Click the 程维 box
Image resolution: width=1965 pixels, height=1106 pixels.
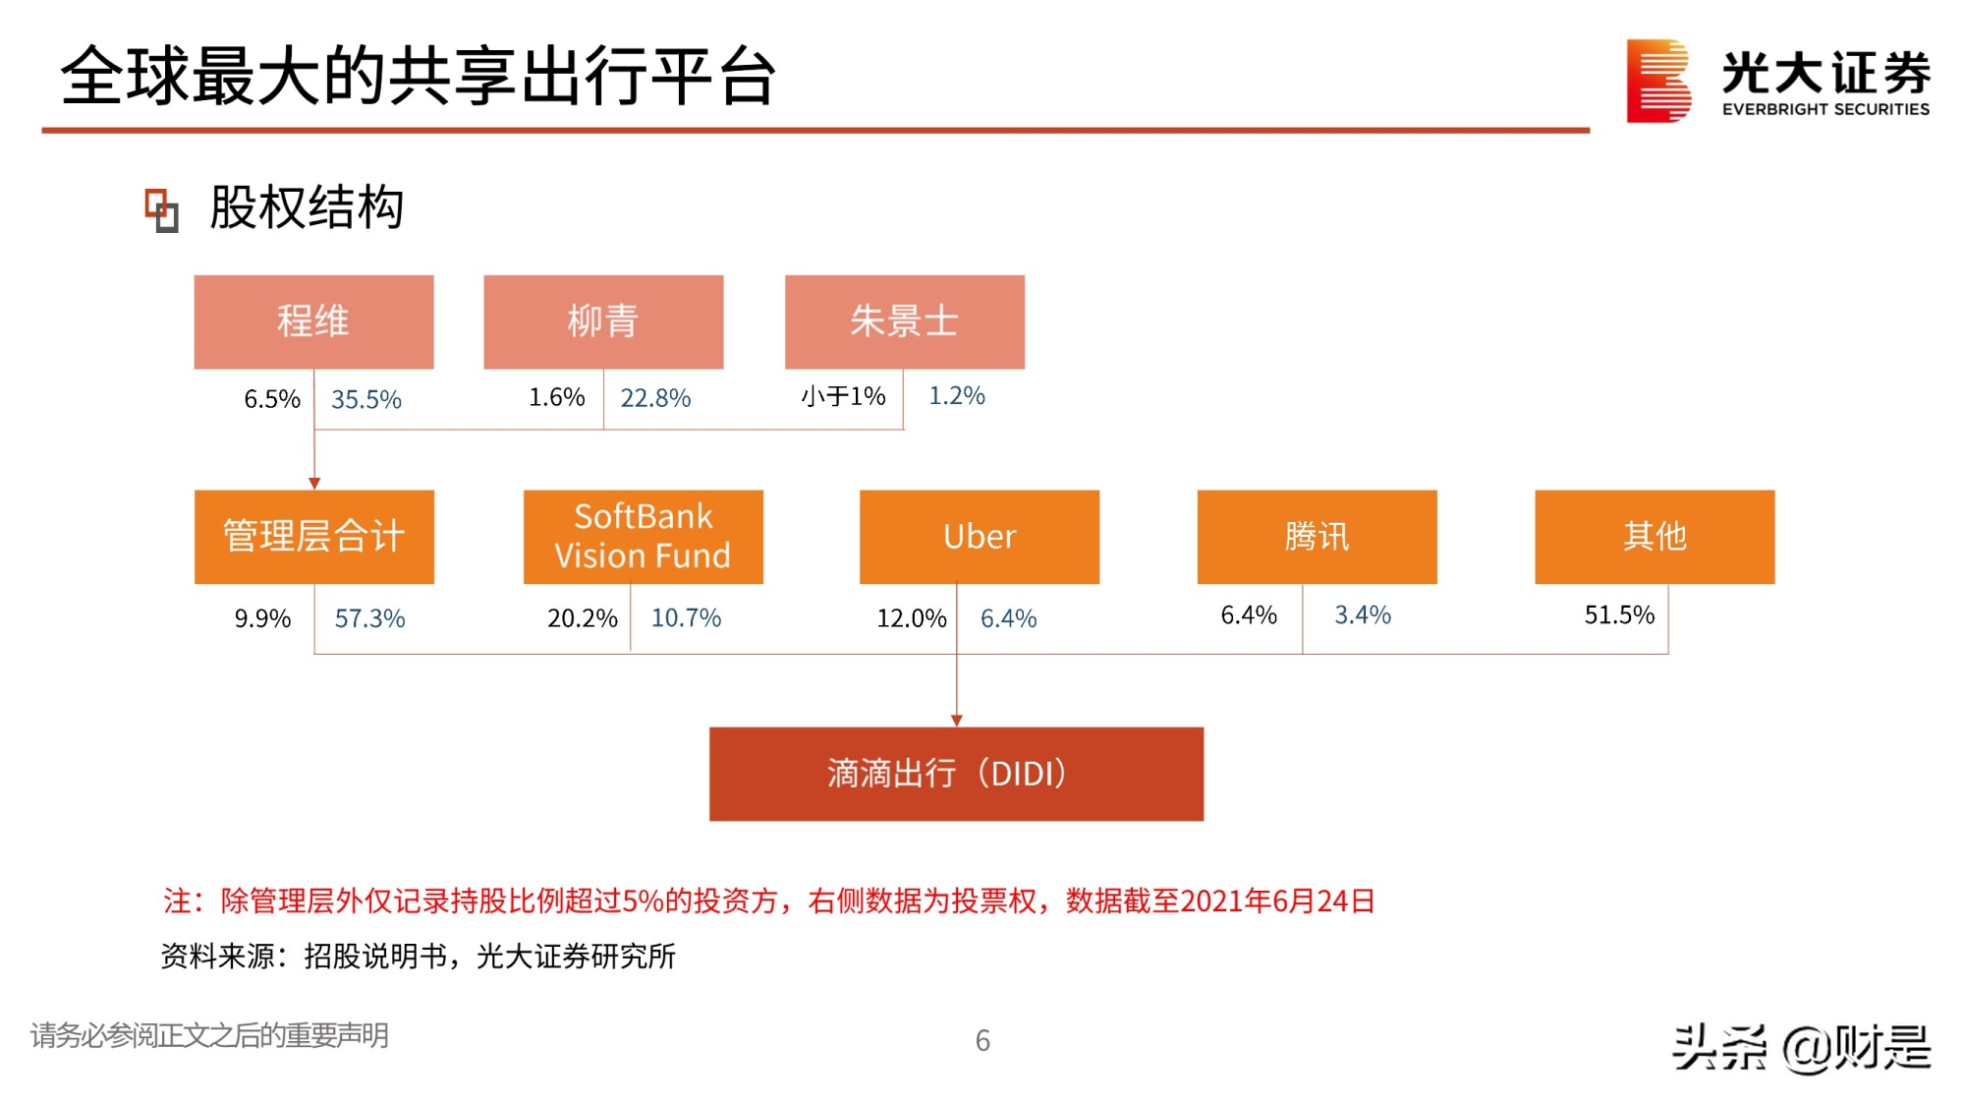[313, 321]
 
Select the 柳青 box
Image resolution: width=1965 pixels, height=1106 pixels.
[603, 321]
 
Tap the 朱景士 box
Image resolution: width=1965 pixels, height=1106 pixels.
[904, 321]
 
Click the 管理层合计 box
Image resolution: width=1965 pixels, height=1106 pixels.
[313, 537]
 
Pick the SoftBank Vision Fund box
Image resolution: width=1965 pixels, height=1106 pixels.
[643, 537]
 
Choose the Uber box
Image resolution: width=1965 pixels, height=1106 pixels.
[979, 537]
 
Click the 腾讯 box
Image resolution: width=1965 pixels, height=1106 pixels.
[1317, 537]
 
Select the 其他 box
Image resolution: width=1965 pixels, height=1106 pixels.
[1655, 537]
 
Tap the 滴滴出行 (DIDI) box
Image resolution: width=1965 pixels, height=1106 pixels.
[956, 774]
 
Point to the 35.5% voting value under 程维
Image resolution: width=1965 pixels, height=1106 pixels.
[366, 399]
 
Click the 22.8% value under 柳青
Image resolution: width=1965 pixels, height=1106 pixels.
[655, 398]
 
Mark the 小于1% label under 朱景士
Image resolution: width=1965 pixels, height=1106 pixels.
[843, 396]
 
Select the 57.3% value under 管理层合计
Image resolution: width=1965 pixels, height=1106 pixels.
[369, 618]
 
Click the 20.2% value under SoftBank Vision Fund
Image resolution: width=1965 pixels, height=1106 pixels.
[582, 618]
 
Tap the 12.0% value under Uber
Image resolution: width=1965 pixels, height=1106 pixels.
[911, 618]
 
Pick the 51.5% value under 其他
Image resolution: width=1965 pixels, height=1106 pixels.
[1619, 615]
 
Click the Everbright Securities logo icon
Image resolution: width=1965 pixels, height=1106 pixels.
[1657, 81]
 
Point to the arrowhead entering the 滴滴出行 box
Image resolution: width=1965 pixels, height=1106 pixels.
[956, 721]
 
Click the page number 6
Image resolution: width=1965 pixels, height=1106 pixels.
[982, 1040]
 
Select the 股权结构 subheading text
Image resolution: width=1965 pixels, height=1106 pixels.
[307, 208]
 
